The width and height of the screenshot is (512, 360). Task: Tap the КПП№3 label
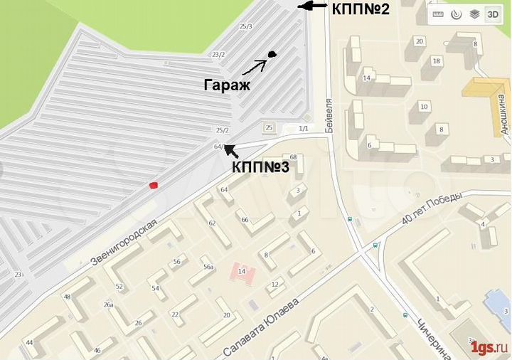[260, 168]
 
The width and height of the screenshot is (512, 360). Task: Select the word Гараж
[227, 85]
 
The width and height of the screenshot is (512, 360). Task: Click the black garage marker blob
[272, 54]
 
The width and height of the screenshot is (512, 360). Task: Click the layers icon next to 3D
[474, 14]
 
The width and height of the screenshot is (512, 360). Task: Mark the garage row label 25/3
[246, 26]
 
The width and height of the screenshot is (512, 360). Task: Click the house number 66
[245, 220]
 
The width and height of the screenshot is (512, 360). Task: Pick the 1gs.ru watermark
[489, 347]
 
